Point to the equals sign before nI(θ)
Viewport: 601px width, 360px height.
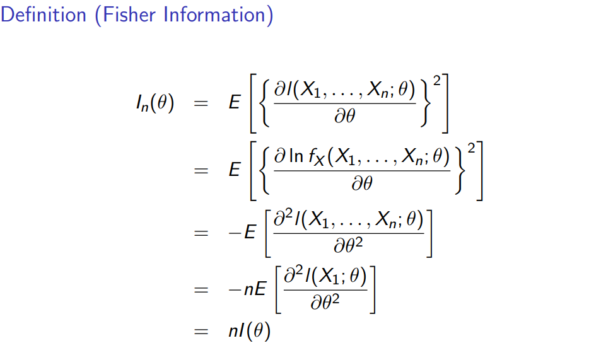click(201, 331)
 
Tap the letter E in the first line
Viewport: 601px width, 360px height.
click(235, 102)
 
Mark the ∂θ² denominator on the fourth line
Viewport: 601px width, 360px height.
click(325, 304)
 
